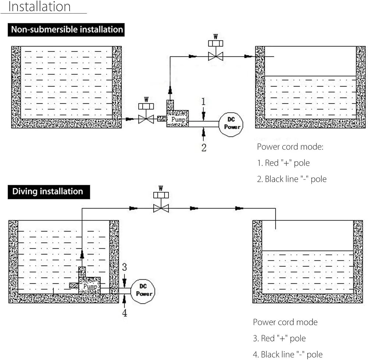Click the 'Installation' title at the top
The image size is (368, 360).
(x=39, y=6)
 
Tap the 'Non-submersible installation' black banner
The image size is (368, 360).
(x=66, y=29)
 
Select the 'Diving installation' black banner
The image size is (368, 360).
(x=49, y=192)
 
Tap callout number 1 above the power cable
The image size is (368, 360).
(x=204, y=101)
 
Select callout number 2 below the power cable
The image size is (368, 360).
(x=204, y=148)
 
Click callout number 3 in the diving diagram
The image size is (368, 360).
(x=124, y=267)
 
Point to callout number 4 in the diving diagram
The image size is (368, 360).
(x=124, y=313)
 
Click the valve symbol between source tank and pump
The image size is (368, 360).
(x=146, y=113)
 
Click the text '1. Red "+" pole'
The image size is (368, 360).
(x=283, y=163)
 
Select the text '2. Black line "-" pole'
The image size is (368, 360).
(x=292, y=179)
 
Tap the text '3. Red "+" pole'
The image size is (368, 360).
(x=279, y=338)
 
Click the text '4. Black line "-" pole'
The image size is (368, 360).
(x=288, y=354)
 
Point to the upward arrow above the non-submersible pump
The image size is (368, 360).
(x=170, y=90)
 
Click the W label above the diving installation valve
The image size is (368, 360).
(x=161, y=188)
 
